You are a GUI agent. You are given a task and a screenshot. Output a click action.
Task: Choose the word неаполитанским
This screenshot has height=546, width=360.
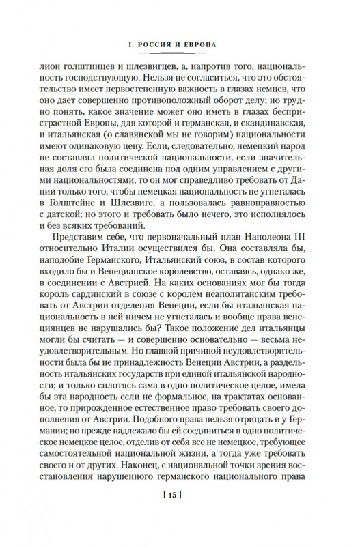point(218,317)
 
